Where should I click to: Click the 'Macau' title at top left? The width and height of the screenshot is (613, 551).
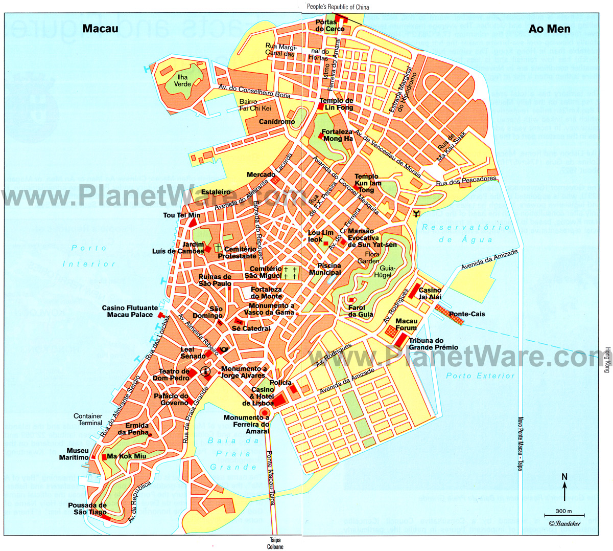100,29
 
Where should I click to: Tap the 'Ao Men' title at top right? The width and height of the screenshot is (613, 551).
549,29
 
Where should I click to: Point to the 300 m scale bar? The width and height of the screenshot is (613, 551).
564,514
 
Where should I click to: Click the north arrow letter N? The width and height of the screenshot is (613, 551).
564,477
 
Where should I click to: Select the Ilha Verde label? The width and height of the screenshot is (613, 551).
182,80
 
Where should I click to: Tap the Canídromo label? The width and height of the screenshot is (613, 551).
277,122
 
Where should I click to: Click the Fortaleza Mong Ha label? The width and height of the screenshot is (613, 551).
338,135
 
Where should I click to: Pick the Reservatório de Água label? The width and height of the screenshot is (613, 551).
465,233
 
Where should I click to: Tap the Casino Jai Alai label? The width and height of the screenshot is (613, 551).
430,294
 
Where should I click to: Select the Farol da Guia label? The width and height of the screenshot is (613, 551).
361,311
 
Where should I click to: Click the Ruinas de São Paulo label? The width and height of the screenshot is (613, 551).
215,280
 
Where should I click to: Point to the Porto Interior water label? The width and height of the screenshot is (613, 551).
89,256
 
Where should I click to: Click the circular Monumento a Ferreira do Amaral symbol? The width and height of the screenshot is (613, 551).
265,413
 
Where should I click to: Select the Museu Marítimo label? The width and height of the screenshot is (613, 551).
74,454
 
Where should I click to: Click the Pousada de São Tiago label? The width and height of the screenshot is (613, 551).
87,509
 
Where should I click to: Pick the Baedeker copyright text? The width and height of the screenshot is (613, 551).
565,523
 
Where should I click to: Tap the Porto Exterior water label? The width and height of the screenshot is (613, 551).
480,376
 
